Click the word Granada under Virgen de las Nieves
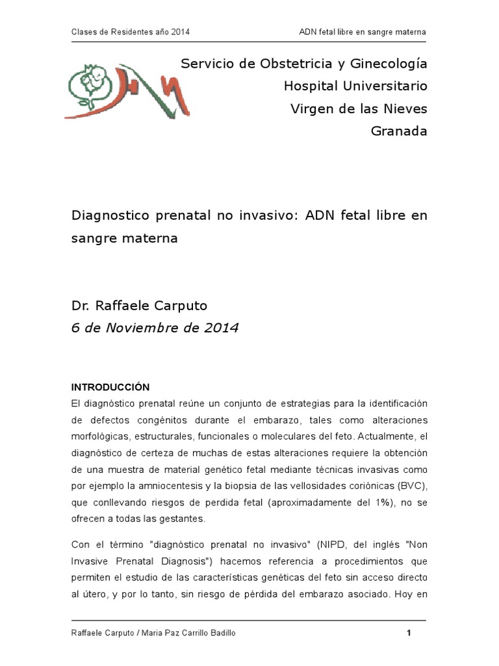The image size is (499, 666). [399, 131]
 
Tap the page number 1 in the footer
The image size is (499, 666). [409, 633]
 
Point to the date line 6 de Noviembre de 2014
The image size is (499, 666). [155, 328]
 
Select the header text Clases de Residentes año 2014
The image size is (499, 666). [130, 32]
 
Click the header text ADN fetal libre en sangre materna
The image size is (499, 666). [363, 32]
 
